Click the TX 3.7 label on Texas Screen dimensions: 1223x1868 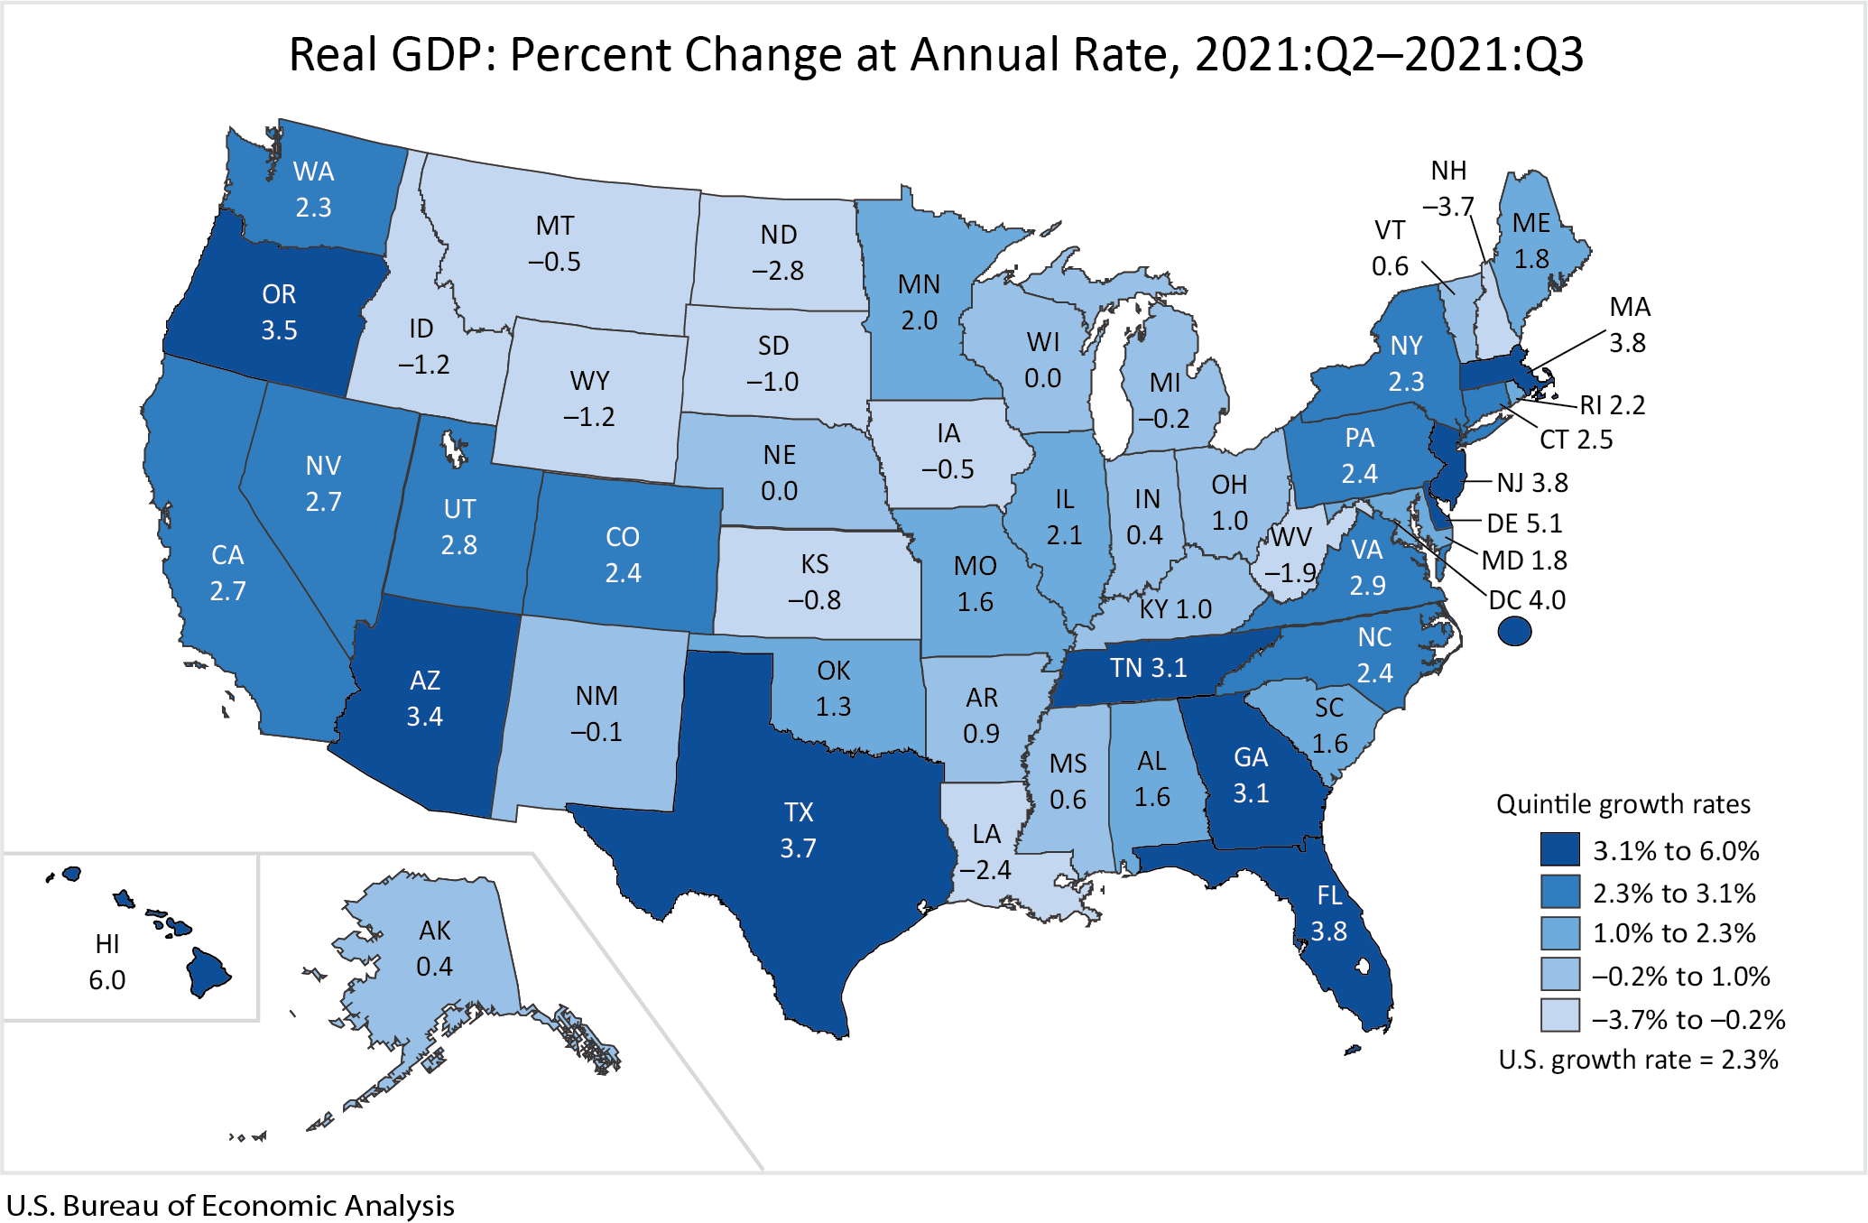coord(799,830)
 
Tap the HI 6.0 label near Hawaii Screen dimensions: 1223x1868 coord(106,962)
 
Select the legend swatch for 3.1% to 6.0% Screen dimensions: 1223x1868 coord(1560,850)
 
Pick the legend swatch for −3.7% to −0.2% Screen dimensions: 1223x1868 coord(1560,1015)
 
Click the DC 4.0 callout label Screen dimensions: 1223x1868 coord(1527,600)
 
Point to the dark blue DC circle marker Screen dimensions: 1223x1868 coord(1514,631)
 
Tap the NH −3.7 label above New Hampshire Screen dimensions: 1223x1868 coord(1448,189)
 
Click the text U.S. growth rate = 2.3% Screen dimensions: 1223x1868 coord(1638,1060)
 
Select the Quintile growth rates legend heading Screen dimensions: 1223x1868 coord(1623,804)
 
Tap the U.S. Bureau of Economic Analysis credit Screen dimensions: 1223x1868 coord(230,1206)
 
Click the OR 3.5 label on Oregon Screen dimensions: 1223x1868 coord(279,312)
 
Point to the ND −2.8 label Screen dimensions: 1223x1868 coord(778,253)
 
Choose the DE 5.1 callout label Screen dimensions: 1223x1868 coord(1524,523)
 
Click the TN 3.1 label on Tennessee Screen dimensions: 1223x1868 coord(1148,668)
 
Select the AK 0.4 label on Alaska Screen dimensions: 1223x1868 coord(434,949)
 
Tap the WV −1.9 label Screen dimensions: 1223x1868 coord(1290,555)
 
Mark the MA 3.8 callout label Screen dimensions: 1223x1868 coord(1629,325)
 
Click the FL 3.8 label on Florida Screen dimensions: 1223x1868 coord(1329,913)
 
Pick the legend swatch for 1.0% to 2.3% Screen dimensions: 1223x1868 coord(1560,933)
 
